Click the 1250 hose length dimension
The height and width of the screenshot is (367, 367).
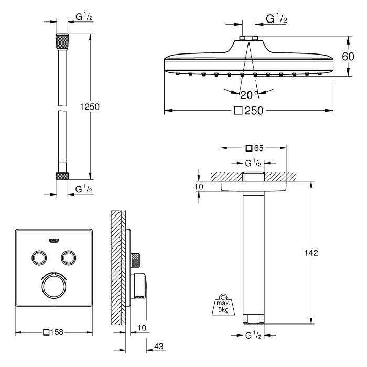click(90, 107)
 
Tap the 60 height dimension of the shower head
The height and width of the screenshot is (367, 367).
click(348, 57)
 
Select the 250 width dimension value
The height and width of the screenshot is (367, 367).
click(254, 111)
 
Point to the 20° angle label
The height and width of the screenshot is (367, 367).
click(249, 95)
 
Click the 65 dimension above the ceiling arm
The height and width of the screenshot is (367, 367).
click(259, 148)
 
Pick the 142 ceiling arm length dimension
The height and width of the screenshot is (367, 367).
click(311, 253)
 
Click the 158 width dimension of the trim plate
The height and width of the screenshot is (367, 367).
click(57, 332)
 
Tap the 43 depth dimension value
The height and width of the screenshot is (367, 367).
click(159, 346)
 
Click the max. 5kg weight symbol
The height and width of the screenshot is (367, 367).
click(223, 304)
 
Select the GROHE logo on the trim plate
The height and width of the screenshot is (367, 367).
click(54, 241)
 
